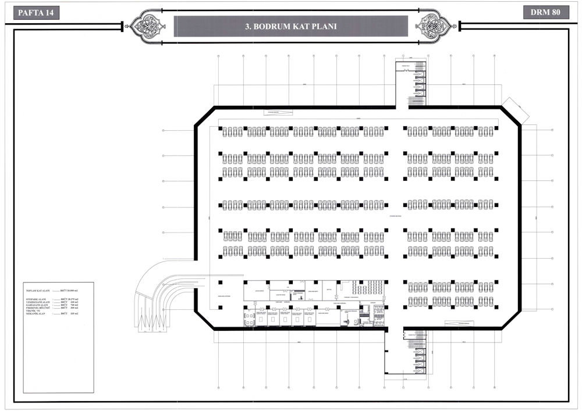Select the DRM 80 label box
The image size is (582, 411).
pos(545,12)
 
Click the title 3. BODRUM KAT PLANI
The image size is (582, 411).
pos(291,26)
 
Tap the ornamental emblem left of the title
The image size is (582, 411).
pos(151,26)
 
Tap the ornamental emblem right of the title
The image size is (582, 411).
pos(433,26)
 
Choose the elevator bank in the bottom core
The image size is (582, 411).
pos(420,355)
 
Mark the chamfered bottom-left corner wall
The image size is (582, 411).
pos(204,319)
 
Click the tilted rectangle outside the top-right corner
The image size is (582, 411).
pos(514,110)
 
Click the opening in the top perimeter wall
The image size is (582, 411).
pos(402,107)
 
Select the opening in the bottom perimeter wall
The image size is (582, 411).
pos(395,328)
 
